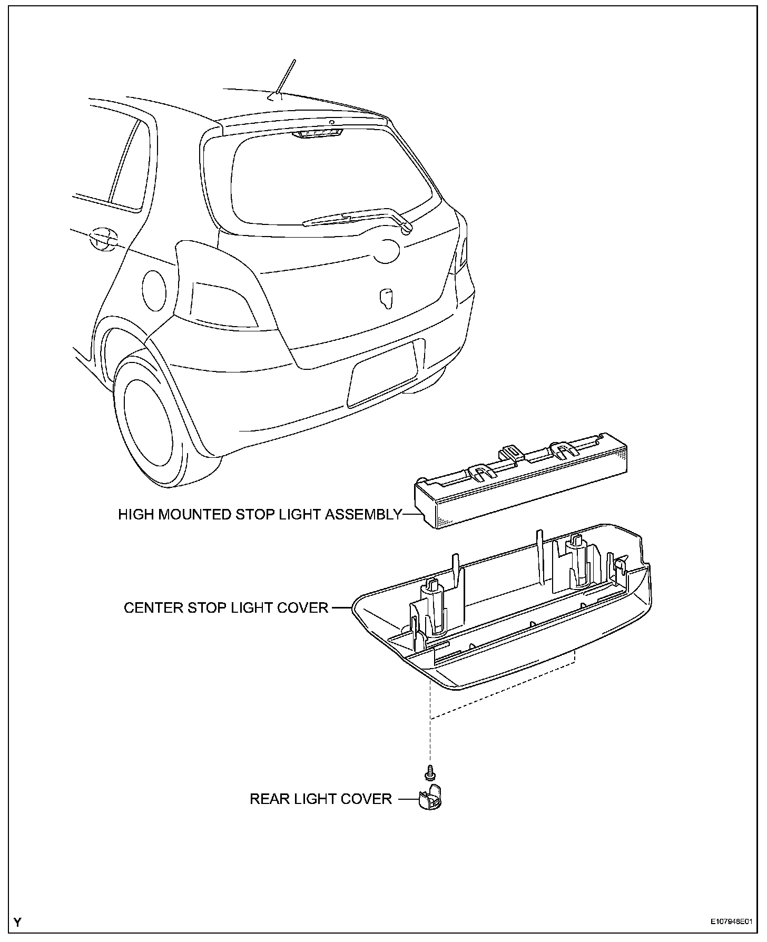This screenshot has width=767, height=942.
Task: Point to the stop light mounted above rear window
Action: pyautogui.click(x=317, y=134)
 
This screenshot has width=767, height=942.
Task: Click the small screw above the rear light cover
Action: pyautogui.click(x=430, y=773)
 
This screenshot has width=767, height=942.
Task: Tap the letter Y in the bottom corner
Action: pyautogui.click(x=18, y=922)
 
